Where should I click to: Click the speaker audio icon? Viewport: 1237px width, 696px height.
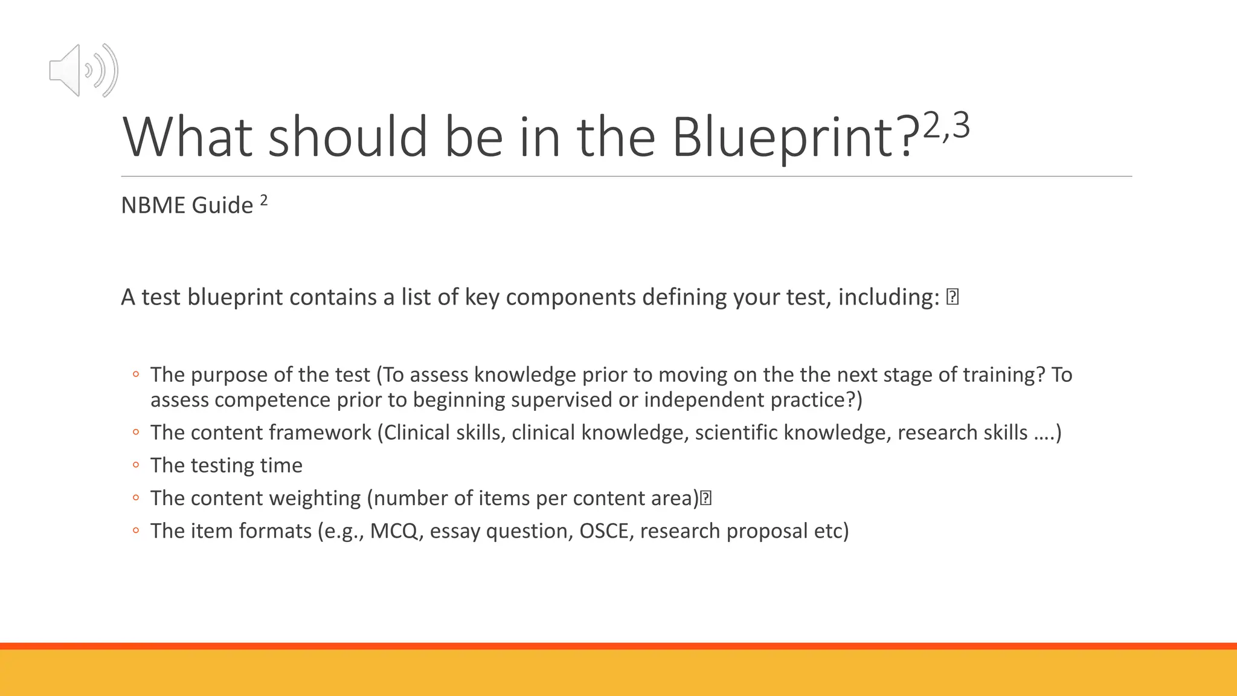[x=83, y=70]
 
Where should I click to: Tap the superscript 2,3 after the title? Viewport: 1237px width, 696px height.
[x=946, y=126]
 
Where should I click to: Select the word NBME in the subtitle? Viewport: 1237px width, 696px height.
[x=154, y=205]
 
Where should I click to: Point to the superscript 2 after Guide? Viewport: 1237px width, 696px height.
[x=264, y=199]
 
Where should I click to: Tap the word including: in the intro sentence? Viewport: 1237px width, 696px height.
[x=888, y=297]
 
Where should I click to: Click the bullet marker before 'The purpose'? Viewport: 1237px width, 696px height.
[x=136, y=375]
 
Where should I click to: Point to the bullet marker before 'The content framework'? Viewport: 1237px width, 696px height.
[x=136, y=433]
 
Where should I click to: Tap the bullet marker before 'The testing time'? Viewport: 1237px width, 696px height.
[x=136, y=465]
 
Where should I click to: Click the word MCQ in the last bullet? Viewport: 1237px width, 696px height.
[x=394, y=531]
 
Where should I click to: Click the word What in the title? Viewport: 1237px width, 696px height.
[x=187, y=137]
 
